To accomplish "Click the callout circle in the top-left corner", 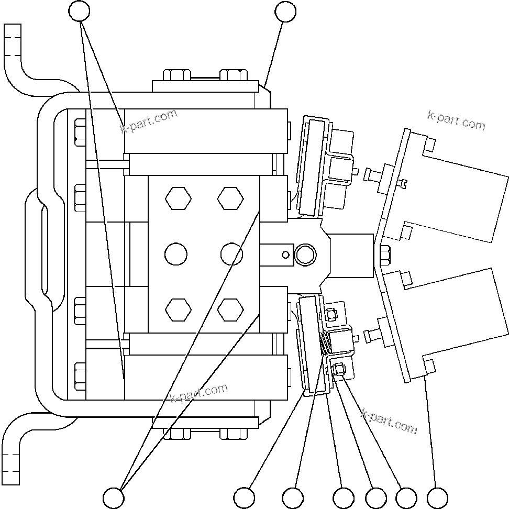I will [x=80, y=11].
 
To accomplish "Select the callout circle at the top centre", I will [x=285, y=12].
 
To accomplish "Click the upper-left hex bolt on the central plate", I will [x=178, y=199].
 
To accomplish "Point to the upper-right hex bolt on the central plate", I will [x=230, y=199].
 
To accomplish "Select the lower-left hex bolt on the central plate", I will [x=178, y=309].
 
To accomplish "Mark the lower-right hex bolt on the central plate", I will [x=230, y=309].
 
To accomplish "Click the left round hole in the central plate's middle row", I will [x=175, y=255].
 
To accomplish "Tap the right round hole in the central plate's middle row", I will [x=231, y=255].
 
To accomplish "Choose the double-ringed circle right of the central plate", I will [x=305, y=255].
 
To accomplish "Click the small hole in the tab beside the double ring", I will [x=285, y=255].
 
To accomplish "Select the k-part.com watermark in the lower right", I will [x=389, y=421].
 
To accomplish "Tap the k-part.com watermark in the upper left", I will [x=149, y=121].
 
